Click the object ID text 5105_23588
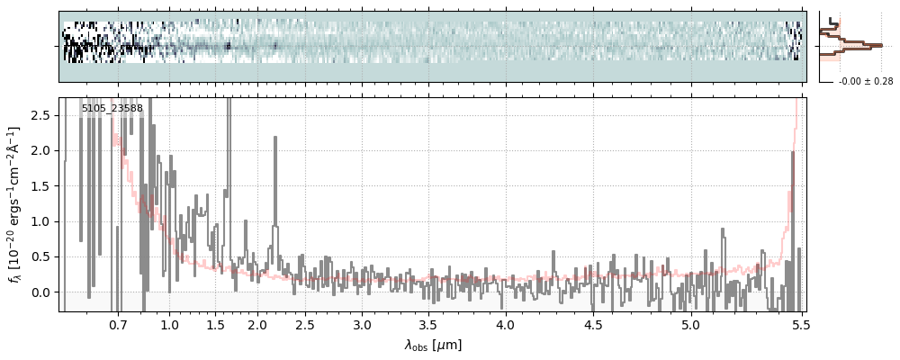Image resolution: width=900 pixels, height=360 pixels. pyautogui.click(x=112, y=109)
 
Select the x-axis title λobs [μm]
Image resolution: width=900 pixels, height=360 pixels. pyautogui.click(x=433, y=345)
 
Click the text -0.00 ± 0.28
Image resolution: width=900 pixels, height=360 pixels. pyautogui.click(x=865, y=82)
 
